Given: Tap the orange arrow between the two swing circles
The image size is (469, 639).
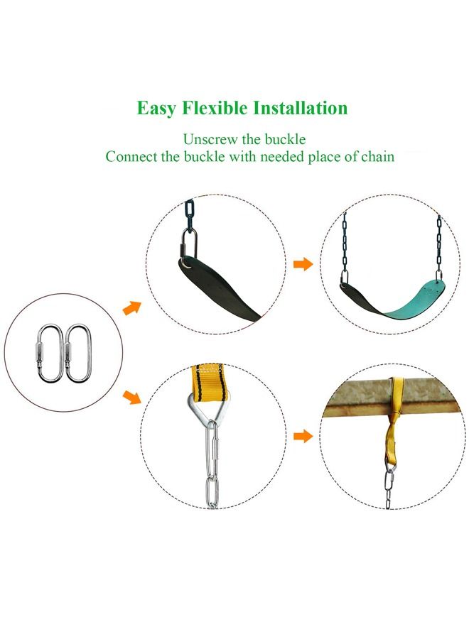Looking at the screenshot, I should coord(303,264).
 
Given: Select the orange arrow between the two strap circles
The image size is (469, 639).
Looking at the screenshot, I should coord(303,435).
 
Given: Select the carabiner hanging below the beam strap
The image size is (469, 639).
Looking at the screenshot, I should coord(389,488).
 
